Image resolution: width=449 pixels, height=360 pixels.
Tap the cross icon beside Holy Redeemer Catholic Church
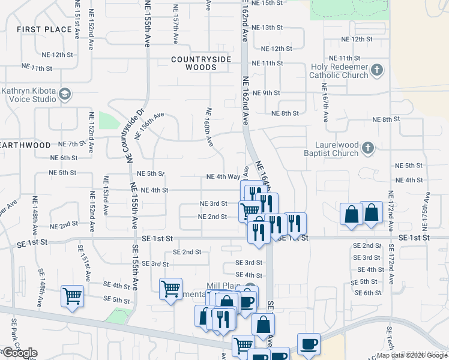coord(376,71)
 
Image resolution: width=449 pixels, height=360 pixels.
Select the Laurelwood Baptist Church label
coord(337,149)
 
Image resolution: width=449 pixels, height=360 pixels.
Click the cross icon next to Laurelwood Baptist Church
coord(368,148)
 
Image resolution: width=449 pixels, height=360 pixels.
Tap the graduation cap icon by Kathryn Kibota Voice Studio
coord(64,94)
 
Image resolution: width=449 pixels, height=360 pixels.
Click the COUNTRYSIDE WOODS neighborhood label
coord(202,63)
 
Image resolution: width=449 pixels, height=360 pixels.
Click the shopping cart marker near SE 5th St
coord(72,296)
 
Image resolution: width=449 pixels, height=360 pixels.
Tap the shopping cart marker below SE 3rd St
coord(170,289)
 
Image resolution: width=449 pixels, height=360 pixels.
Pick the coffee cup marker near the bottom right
coord(309,344)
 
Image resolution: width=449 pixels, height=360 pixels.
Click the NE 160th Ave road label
coord(209,127)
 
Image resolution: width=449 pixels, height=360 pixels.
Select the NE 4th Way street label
coord(223,177)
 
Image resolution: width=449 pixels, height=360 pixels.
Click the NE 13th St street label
coord(267,28)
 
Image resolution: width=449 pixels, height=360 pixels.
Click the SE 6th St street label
coord(368,293)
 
